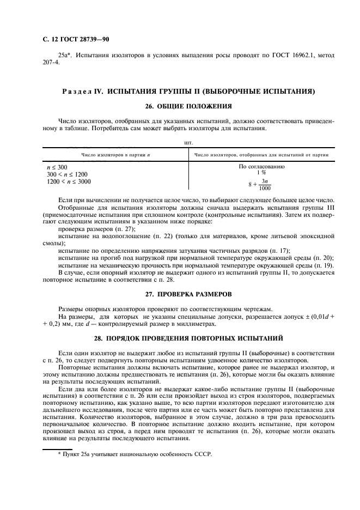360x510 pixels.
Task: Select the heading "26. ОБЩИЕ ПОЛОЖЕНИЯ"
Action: point(180,106)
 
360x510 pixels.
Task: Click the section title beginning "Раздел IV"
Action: point(180,90)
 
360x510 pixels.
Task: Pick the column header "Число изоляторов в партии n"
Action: point(115,155)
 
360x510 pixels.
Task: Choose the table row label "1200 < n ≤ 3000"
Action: point(69,181)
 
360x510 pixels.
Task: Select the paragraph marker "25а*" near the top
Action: point(65,55)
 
